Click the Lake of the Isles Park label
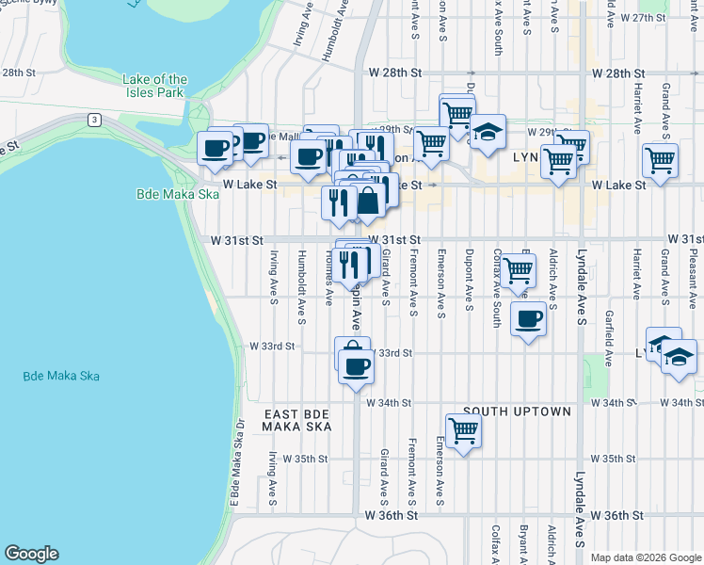(x=154, y=87)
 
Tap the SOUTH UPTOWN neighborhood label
(x=517, y=412)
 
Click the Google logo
(x=31, y=554)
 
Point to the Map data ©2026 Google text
(x=644, y=557)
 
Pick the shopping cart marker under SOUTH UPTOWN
(x=463, y=431)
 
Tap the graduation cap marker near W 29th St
(x=488, y=133)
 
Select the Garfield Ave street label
(x=609, y=339)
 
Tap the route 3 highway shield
(x=94, y=119)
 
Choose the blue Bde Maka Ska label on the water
(x=61, y=376)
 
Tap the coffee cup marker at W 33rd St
(x=356, y=365)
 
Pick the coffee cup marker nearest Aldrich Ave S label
(x=529, y=319)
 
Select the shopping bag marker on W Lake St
(x=369, y=200)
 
